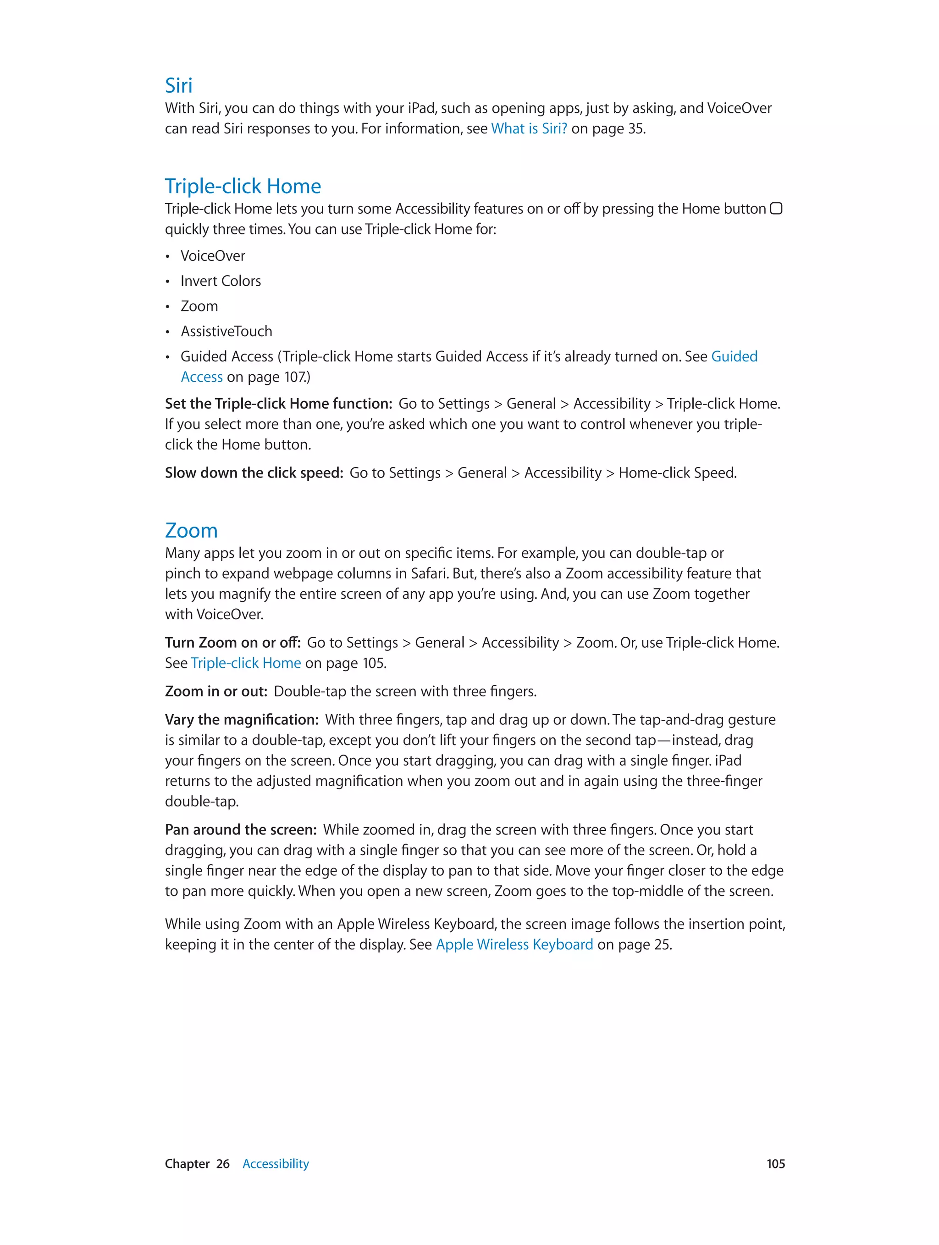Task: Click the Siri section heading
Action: click(x=178, y=85)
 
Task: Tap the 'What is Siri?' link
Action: click(x=529, y=129)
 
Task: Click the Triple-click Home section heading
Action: click(x=243, y=186)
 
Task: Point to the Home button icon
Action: click(x=776, y=209)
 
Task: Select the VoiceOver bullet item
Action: click(x=213, y=256)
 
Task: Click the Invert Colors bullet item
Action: click(x=221, y=281)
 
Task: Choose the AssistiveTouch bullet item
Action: click(x=226, y=332)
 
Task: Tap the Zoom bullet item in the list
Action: click(x=199, y=306)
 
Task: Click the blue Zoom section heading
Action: click(x=191, y=531)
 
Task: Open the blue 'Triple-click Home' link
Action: click(x=246, y=663)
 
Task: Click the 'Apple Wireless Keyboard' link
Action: click(x=514, y=945)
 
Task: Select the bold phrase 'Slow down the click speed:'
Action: click(x=254, y=473)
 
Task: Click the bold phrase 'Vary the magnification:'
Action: click(x=242, y=720)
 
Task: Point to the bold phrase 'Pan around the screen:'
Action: click(x=241, y=830)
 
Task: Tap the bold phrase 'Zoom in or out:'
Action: click(x=216, y=691)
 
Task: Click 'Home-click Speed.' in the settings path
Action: click(x=677, y=473)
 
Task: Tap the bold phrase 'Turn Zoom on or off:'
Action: click(x=232, y=643)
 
